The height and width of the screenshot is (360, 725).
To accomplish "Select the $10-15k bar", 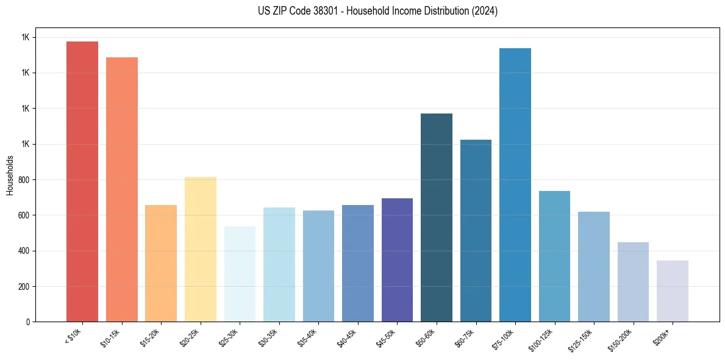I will click(x=122, y=189).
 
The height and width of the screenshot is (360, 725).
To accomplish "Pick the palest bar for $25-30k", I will click(x=240, y=274).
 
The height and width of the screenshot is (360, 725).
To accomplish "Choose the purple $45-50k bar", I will click(x=397, y=260).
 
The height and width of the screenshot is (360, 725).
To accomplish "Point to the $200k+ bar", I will click(x=673, y=291).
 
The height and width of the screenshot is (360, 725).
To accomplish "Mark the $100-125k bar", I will click(x=554, y=256).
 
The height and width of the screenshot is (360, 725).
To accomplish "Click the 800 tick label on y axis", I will click(x=23, y=180).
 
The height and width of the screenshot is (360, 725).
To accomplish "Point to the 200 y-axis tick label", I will click(x=23, y=287).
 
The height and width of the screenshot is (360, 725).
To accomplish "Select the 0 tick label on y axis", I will click(x=28, y=322).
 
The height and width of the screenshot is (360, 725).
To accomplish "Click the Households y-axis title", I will click(x=10, y=175).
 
